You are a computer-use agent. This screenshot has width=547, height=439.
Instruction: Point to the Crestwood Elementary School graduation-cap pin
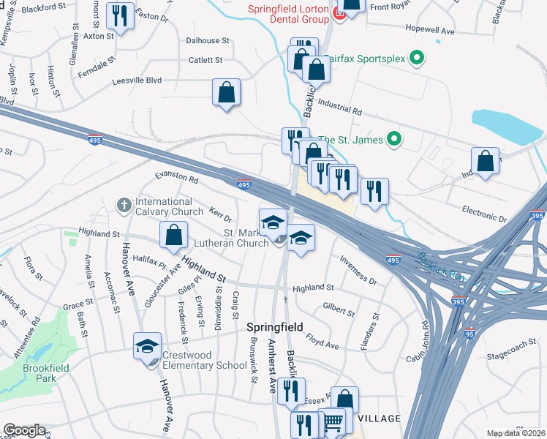click(x=147, y=347)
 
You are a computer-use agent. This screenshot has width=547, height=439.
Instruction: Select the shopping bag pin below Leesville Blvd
click(x=227, y=93)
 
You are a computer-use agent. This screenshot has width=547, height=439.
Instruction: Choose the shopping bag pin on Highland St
click(x=173, y=236)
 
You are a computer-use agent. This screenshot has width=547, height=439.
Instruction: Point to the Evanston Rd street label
click(x=176, y=179)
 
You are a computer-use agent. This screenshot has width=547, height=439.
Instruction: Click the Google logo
click(x=24, y=429)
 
